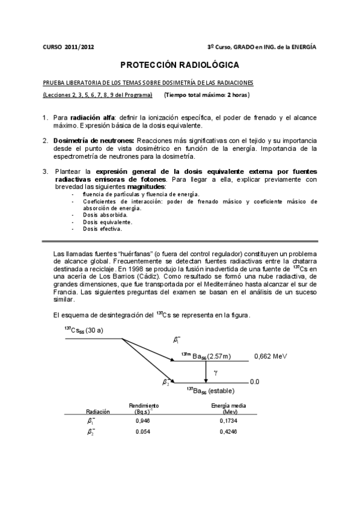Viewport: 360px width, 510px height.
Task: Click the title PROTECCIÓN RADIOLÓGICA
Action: click(180, 64)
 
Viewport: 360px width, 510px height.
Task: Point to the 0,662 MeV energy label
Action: click(270, 356)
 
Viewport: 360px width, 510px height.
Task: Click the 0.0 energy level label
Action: click(254, 381)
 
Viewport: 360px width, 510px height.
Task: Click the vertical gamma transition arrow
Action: click(206, 371)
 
